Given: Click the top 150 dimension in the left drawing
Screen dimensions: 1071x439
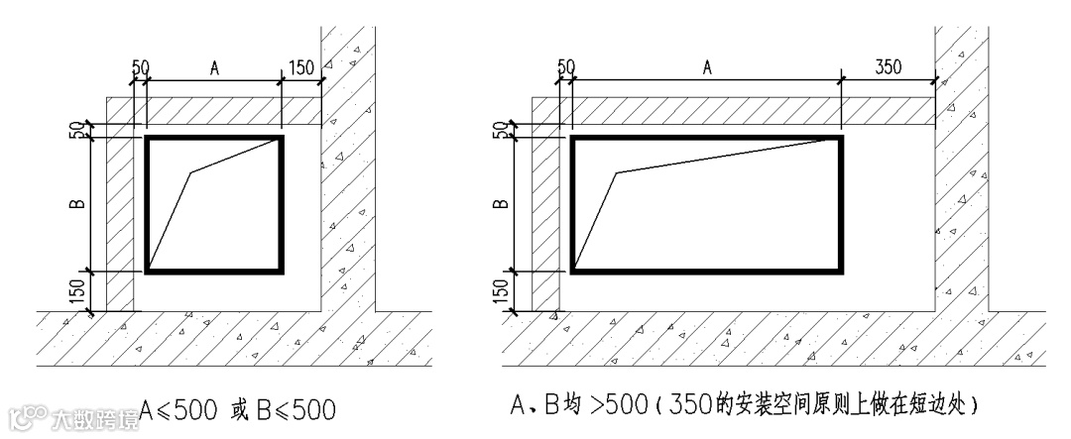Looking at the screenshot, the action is click(x=300, y=67).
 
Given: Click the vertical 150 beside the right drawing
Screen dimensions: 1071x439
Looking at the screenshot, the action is click(x=503, y=291).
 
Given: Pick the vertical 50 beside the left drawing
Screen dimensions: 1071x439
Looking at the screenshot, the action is click(x=80, y=130).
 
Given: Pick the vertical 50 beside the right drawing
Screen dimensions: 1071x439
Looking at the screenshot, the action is click(x=505, y=130).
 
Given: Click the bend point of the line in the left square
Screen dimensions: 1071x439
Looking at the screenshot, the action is click(x=190, y=173).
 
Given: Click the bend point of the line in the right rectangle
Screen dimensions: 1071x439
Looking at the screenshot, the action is click(x=616, y=173).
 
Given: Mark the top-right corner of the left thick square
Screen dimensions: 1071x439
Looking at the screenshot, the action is click(x=281, y=138).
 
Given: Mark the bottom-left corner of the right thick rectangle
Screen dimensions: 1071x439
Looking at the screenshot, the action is click(x=572, y=270).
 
